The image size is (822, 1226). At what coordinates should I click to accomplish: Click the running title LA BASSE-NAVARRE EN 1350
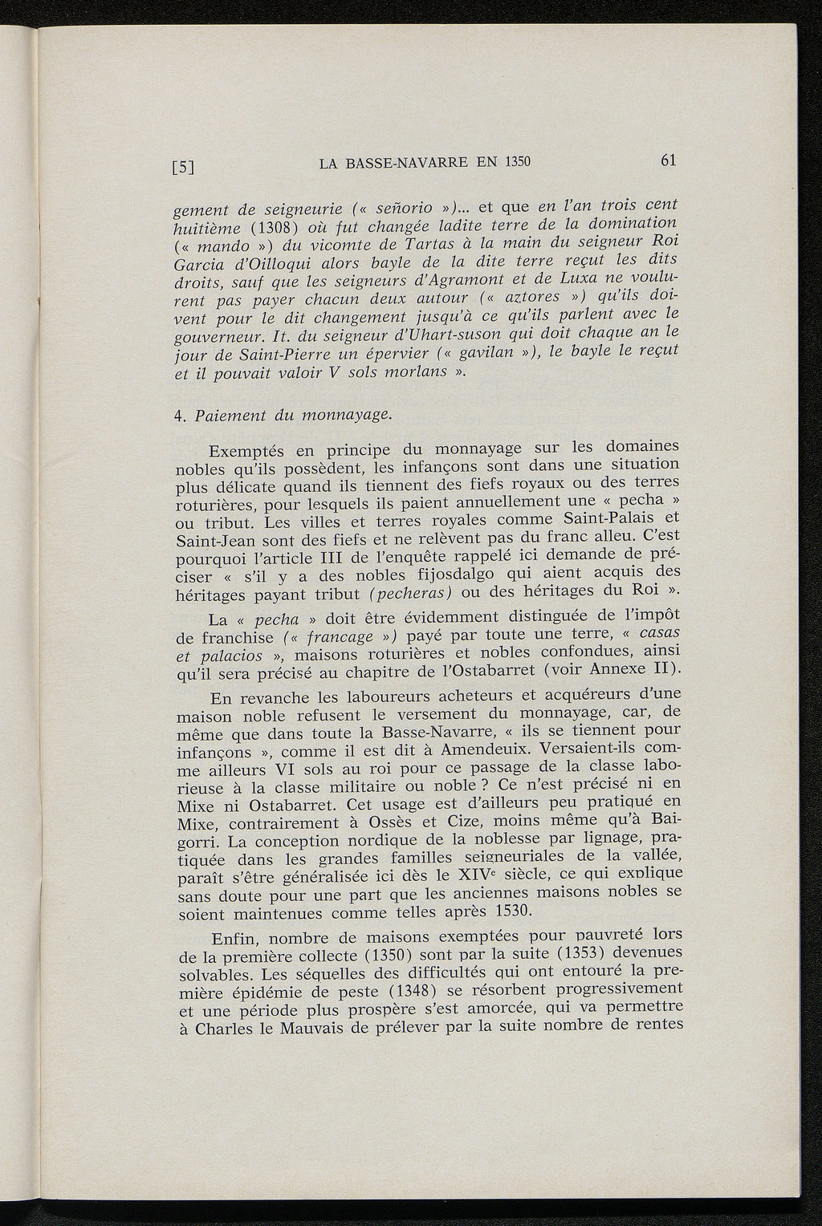(425, 163)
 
